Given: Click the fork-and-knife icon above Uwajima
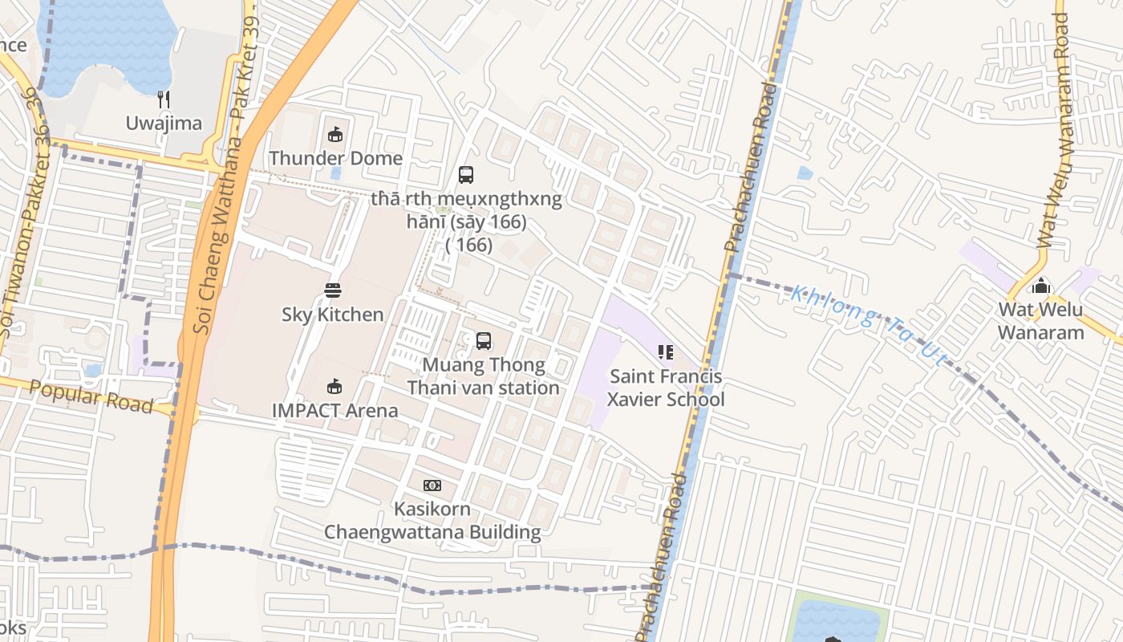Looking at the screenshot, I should pos(164,100).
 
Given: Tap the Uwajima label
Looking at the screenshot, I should pos(164,123).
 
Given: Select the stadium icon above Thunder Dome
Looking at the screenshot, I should pos(335,134).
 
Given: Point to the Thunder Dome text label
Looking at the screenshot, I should pos(335,158).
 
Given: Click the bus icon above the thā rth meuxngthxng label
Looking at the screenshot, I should pos(465,174).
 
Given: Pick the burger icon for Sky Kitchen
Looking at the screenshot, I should pos(333,290).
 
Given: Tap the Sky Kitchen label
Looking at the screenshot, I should pos(333,314).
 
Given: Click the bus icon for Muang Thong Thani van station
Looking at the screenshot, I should pos(483,341).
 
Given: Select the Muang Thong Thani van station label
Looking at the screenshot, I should pos(483,376).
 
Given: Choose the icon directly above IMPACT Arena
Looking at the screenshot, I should pos(334,387).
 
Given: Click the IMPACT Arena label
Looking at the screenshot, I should pos(334,411).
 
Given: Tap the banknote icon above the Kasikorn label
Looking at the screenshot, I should pos(432,486).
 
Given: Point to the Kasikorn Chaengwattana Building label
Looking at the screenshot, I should pos(432,521).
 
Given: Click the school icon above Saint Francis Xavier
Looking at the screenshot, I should pos(665,352).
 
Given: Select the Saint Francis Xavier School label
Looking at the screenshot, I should pos(665,388).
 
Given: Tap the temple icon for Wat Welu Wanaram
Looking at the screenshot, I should pos(1041,285).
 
